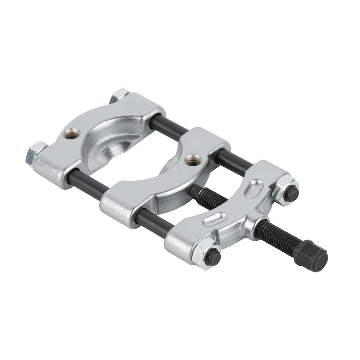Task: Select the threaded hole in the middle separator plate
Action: pyautogui.click(x=192, y=158)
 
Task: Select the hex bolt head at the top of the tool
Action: pyautogui.click(x=119, y=95)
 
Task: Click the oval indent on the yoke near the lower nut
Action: pyautogui.click(x=215, y=219)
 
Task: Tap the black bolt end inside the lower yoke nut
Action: pyautogui.click(x=214, y=256)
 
